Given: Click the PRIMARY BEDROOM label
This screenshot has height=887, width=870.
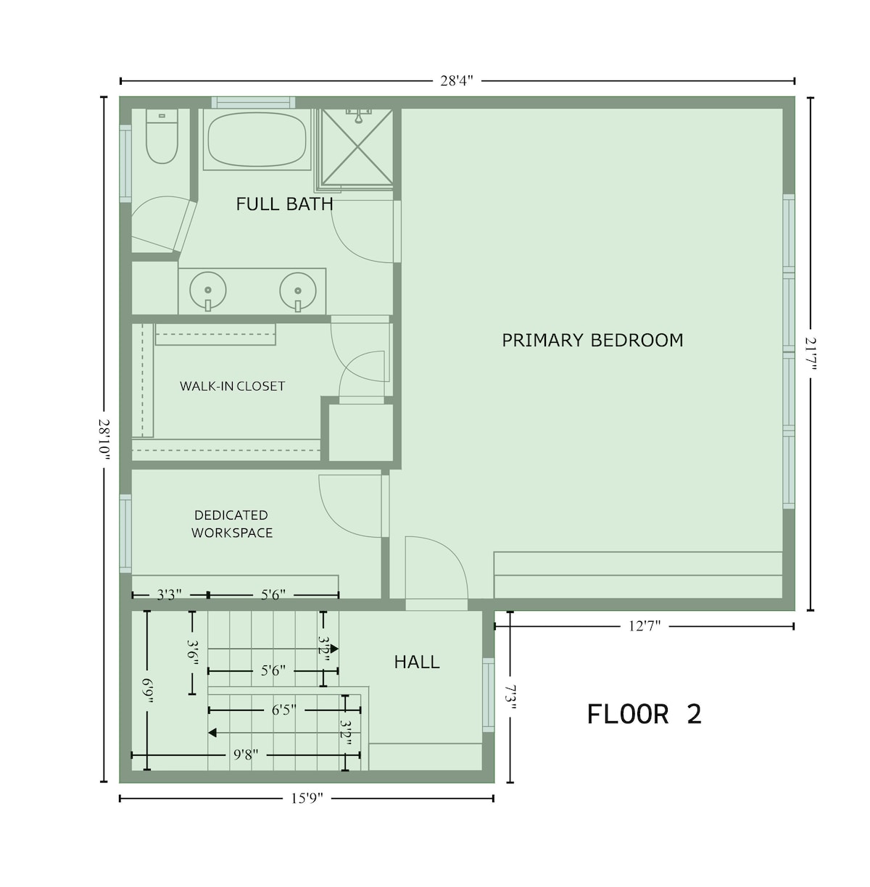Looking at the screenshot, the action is tap(592, 341).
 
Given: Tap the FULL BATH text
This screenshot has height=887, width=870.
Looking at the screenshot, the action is tap(284, 204).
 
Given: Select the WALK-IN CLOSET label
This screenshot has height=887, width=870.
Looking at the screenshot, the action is tap(232, 386).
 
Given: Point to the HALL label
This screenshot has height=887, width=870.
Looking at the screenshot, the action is tap(417, 662).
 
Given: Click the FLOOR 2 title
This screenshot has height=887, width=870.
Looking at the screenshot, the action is tap(644, 714).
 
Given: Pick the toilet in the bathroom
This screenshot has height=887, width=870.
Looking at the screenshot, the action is tap(162, 136).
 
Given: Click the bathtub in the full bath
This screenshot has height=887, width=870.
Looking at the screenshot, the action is tap(257, 139).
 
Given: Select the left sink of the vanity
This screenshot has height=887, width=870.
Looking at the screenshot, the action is tap(208, 291).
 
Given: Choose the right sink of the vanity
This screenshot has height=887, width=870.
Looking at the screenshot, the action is tap(298, 292).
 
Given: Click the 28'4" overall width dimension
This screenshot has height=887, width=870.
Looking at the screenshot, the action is tap(457, 81).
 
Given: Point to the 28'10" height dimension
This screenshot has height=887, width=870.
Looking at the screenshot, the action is tap(104, 440).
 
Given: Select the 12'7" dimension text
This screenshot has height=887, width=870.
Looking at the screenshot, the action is tap(645, 626).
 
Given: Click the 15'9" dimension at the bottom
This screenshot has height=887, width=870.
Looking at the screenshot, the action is tap(307, 798).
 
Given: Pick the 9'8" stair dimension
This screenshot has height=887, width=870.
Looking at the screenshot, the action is tap(246, 755).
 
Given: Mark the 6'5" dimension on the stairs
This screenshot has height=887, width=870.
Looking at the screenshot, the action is tap(283, 710).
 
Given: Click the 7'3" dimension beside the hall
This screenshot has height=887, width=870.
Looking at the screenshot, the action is tap(510, 697).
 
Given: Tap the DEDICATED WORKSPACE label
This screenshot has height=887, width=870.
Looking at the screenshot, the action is tap(232, 524).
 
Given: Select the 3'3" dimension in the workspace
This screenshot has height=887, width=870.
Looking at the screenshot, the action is tap(169, 595).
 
